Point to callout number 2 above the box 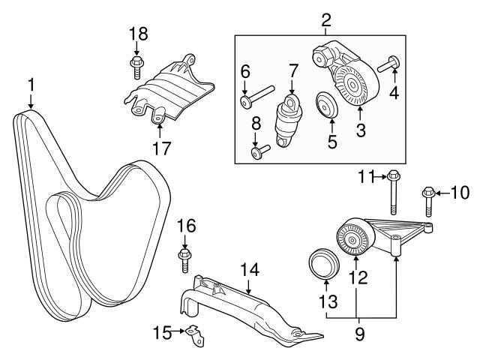[326, 20]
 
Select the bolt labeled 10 [428, 202]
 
